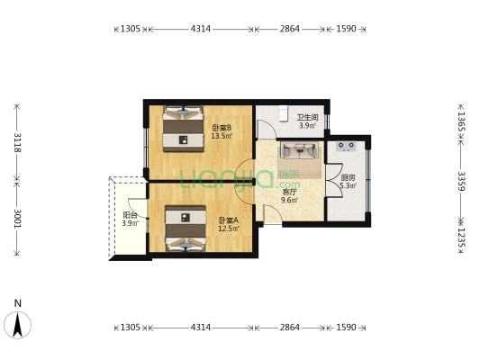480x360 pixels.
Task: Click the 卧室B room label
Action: tap(222, 127)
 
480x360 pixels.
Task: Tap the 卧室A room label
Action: tap(229, 220)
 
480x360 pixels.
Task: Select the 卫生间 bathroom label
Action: tap(307, 118)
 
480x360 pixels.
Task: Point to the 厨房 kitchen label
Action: tap(348, 177)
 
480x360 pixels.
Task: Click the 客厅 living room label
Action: tap(289, 193)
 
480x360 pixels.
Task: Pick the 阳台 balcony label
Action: tap(130, 215)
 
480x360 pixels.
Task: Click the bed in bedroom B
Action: tap(183, 129)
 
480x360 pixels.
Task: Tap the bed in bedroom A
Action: tap(186, 229)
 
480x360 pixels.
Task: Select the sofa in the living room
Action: tap(299, 150)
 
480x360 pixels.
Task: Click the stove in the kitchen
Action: tap(346, 146)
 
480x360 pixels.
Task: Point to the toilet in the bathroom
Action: tap(284, 113)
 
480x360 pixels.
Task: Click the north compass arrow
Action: tap(18, 325)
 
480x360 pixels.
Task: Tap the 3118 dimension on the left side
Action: tap(17, 143)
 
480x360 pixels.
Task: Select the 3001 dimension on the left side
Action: tap(17, 218)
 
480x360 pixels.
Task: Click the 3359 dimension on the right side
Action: tap(461, 181)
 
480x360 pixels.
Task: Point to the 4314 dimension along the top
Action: tap(201, 29)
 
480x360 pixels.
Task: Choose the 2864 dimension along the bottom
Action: tap(290, 328)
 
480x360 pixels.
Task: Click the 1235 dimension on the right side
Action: tap(461, 238)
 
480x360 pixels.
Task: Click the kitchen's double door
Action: tap(334, 181)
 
